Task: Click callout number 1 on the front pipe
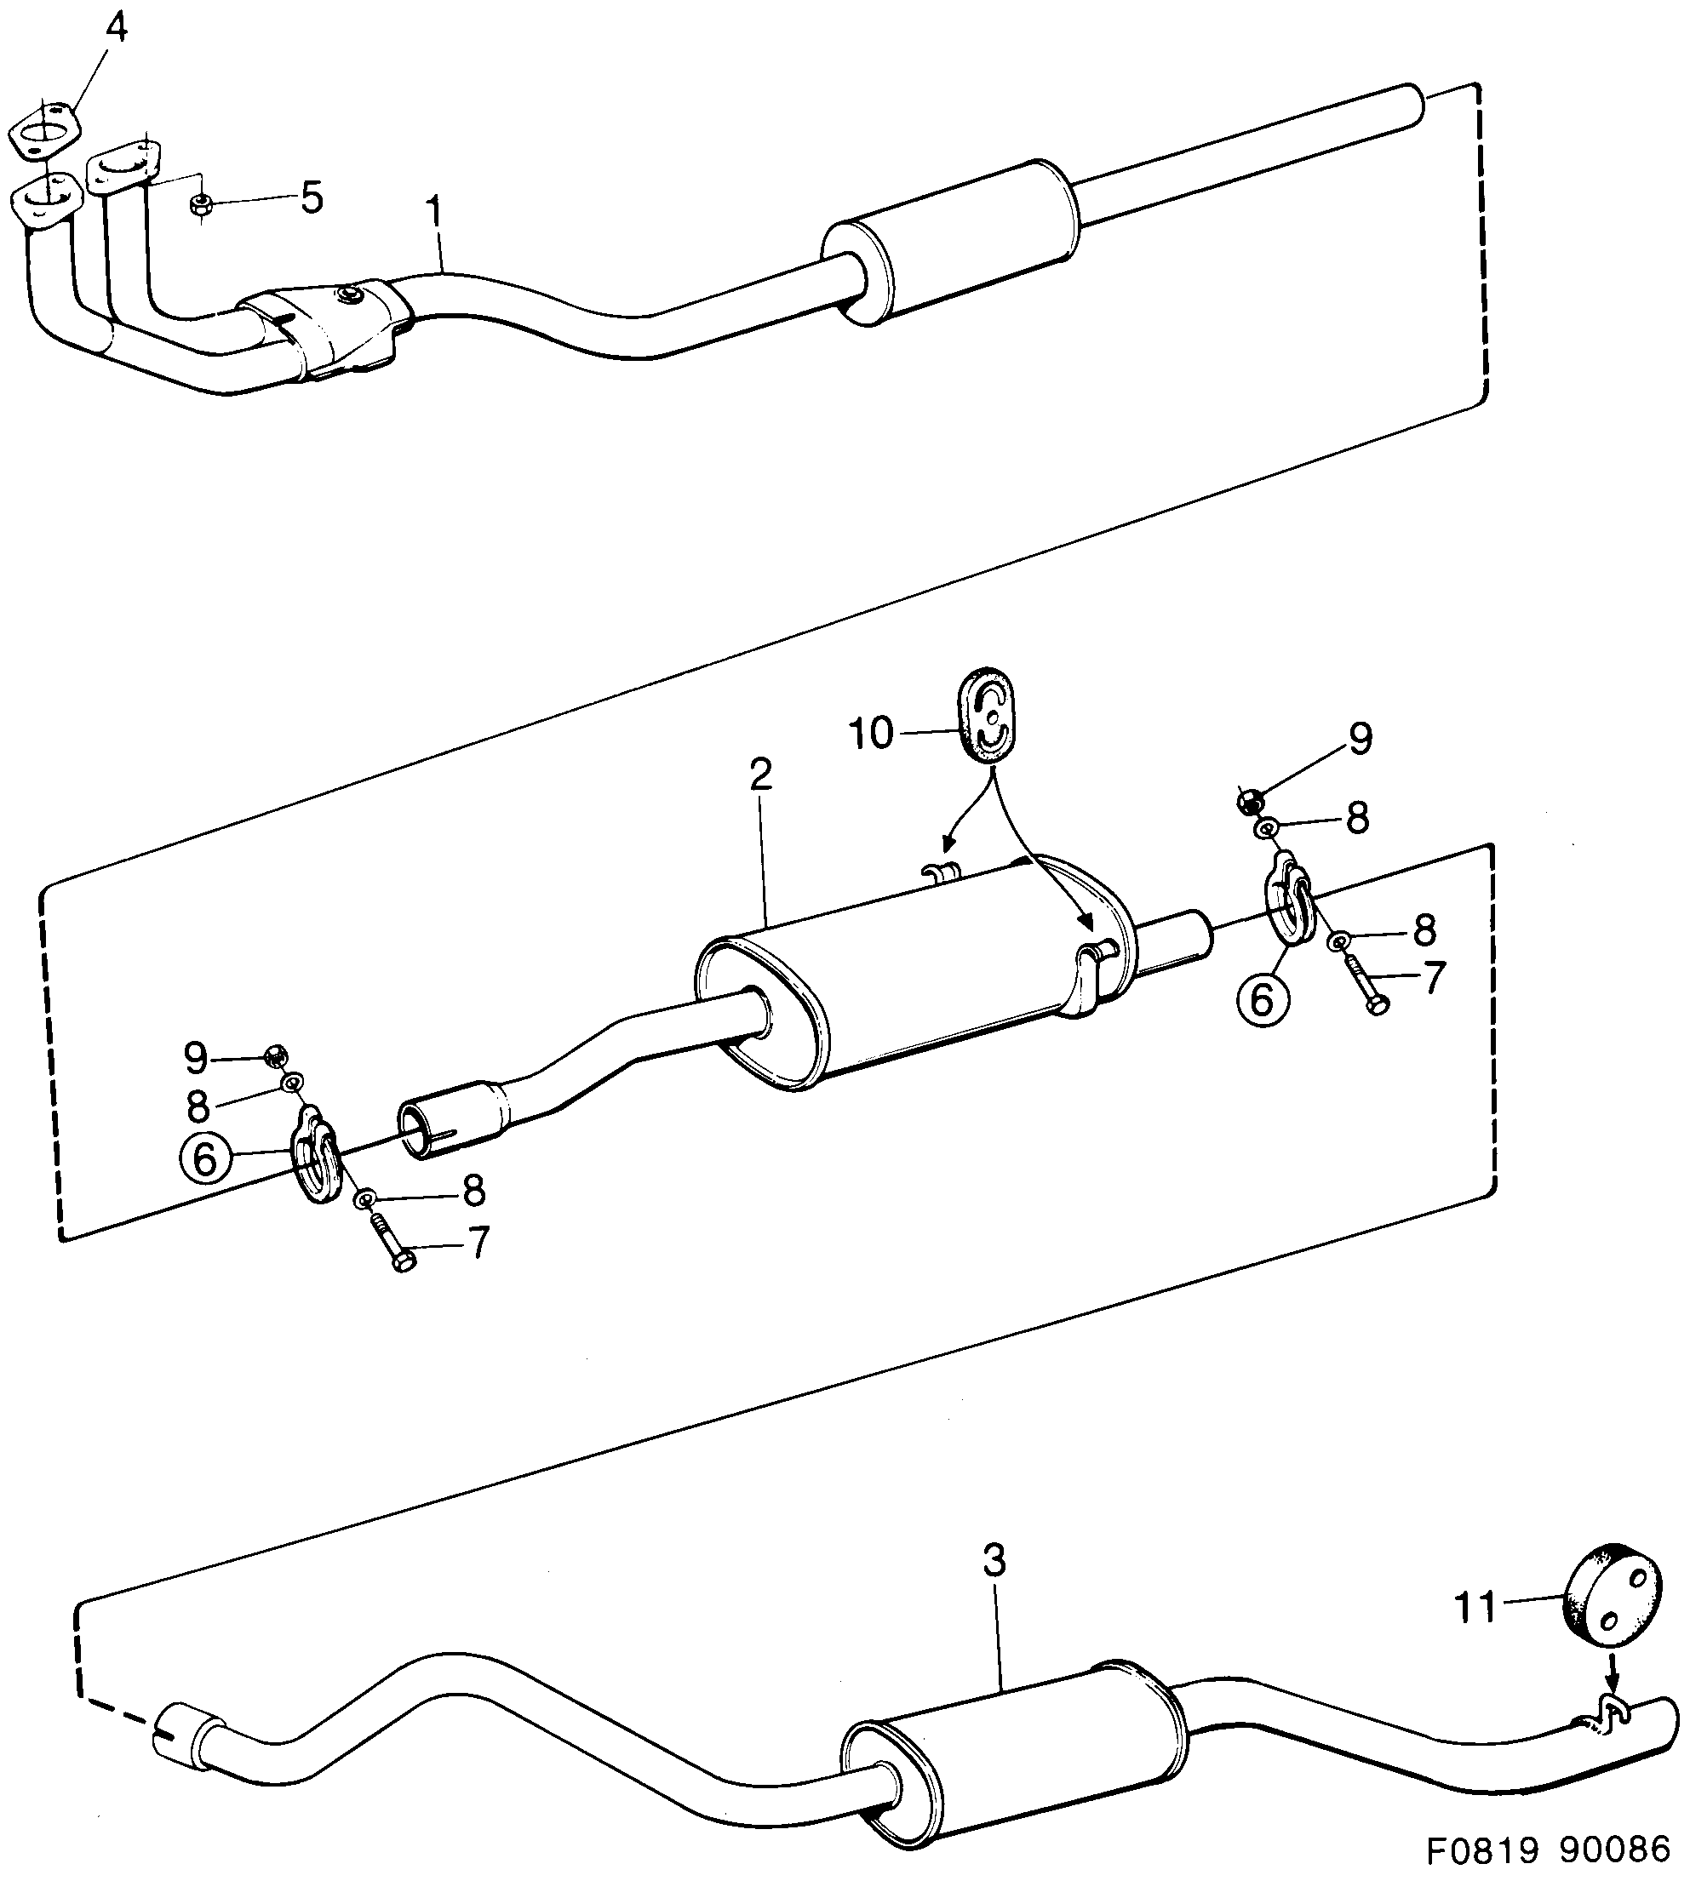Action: pos(433,216)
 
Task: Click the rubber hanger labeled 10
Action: pos(986,714)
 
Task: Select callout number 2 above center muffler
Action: pos(760,775)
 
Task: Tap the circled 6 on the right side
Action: pos(1261,999)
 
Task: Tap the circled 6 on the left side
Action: pos(204,1158)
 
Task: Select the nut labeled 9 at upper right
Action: pos(1250,800)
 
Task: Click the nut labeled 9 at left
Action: pos(274,1055)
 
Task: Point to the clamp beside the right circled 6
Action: pos(1289,900)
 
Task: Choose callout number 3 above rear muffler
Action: pos(994,1561)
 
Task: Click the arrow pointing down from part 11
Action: pos(1611,1677)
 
